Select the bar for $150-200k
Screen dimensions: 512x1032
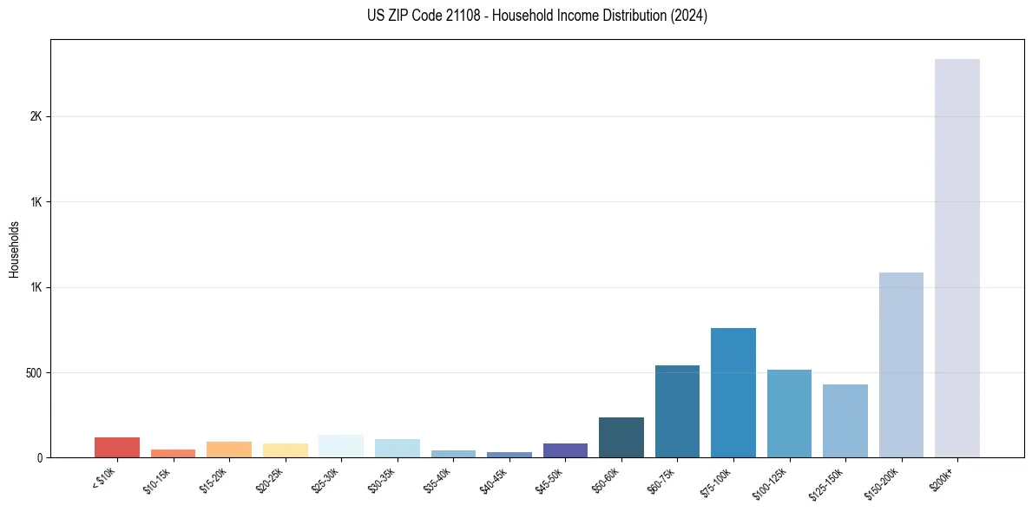tap(901, 364)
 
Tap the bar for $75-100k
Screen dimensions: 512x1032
tap(733, 392)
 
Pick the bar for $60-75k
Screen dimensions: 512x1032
tap(677, 411)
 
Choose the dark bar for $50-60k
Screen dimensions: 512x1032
tap(621, 437)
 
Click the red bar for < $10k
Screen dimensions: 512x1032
tap(117, 447)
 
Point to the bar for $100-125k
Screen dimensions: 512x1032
tap(789, 413)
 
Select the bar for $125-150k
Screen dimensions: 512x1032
tap(845, 421)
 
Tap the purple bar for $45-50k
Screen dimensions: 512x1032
tap(565, 450)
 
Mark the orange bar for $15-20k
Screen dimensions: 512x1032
tap(229, 450)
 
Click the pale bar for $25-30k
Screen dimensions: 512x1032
tap(341, 446)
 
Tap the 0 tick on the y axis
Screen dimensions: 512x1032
tap(43, 457)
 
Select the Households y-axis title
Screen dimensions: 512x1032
tap(15, 249)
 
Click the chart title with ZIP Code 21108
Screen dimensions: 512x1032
tap(537, 16)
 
